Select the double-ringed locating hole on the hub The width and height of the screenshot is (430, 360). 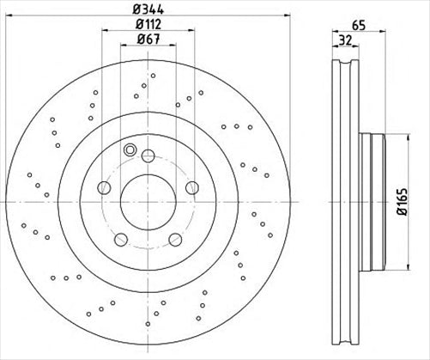(x=131, y=151)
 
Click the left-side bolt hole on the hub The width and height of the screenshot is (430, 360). (x=104, y=188)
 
